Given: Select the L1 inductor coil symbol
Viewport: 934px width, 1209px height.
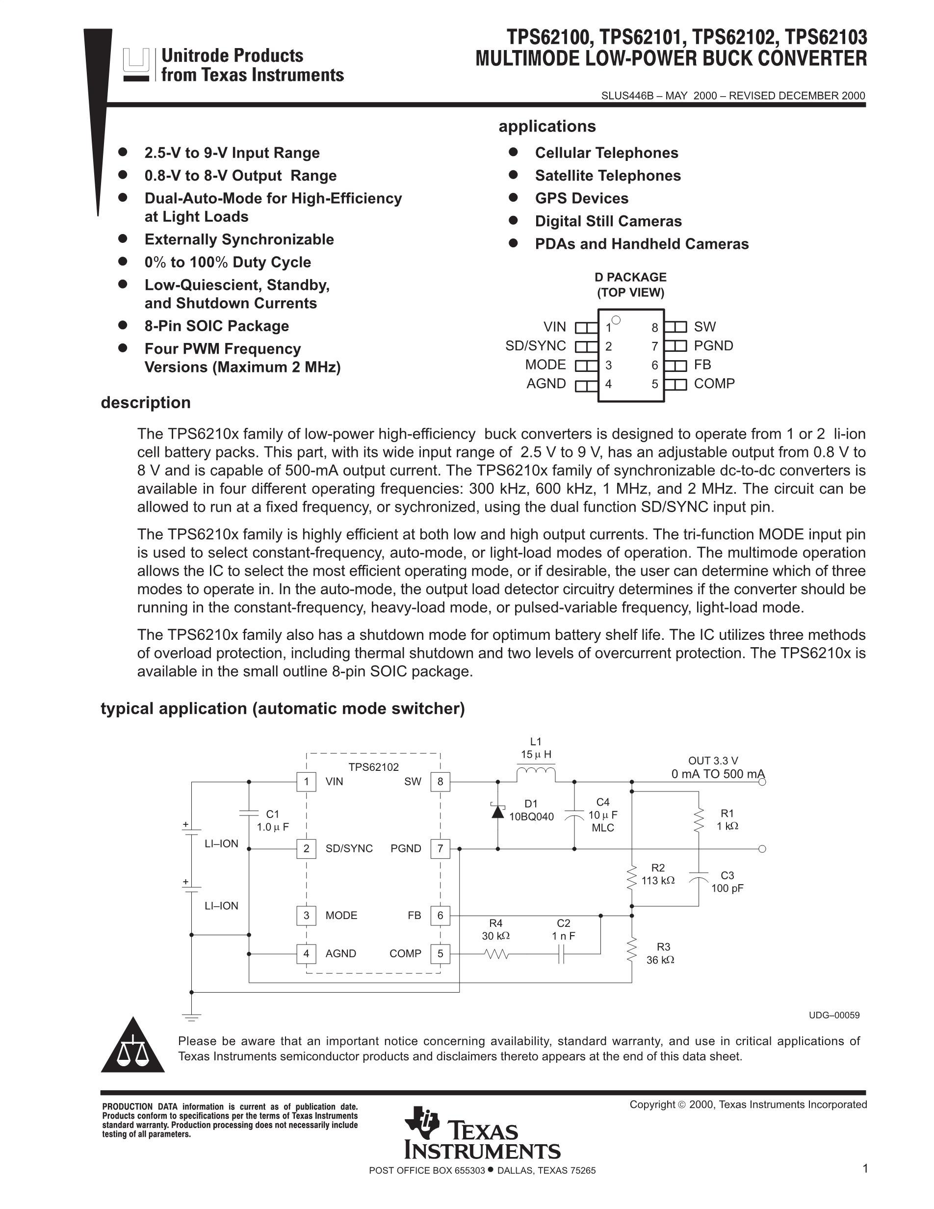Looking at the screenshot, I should pos(536,773).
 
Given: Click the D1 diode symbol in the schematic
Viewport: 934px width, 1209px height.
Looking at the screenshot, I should pos(498,812).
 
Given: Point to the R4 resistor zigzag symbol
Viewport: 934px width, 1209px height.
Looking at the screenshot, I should pos(496,954).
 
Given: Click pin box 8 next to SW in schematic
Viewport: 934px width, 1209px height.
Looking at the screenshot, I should pos(440,782).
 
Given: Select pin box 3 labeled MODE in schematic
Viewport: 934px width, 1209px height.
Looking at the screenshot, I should pos(306,915).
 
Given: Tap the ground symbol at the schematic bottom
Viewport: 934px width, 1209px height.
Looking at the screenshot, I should pos(192,1016).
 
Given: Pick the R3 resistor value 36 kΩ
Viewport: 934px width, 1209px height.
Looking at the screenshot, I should pos(661,960).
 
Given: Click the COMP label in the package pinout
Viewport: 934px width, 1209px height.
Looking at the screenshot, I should pos(714,384).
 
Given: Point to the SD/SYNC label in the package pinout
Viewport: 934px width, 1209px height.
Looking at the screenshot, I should pos(535,346).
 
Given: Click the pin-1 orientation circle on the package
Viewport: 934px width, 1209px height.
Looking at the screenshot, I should pos(617,320).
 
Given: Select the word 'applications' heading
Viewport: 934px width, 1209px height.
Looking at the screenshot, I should pos(546,126).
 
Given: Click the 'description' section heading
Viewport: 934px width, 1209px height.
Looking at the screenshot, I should pos(146,402).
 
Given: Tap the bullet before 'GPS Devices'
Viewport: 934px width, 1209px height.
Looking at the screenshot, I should pos(513,198).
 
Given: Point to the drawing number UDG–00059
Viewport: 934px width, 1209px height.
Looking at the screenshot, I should pos(834,1015).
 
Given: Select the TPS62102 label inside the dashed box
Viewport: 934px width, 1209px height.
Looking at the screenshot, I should pos(373,767).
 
